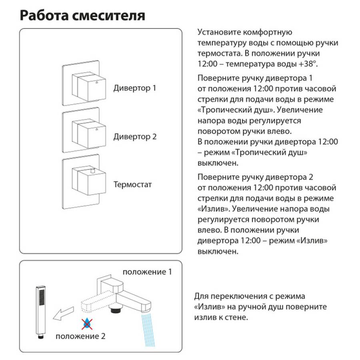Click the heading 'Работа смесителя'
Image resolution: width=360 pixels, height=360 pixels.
coord(82,16)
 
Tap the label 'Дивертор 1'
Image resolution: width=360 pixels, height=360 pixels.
coord(135,88)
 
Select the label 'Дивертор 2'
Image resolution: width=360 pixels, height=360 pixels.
coord(135,137)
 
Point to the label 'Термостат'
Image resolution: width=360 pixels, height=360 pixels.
coord(133,185)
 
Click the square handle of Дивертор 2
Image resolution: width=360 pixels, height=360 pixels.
coord(91,133)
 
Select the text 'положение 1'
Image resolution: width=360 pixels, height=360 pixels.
coord(147,272)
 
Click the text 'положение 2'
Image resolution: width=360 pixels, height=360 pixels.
coord(80,336)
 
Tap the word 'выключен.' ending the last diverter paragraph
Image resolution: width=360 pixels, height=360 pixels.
coord(218,252)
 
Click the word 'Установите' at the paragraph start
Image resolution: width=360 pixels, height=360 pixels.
coord(216,32)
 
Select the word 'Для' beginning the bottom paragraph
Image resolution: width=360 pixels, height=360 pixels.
coord(201,296)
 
